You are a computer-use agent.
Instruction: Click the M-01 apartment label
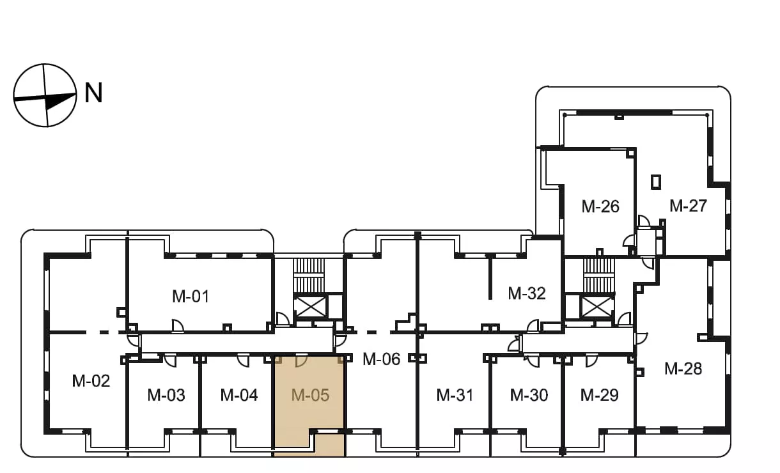[191, 297]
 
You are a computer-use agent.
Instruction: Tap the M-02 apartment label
[91, 381]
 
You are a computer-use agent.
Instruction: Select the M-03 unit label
[166, 395]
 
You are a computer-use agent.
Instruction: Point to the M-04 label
[239, 395]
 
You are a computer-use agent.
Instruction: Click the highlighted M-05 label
[310, 395]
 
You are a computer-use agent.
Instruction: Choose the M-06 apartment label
[381, 359]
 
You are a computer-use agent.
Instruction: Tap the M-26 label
[600, 206]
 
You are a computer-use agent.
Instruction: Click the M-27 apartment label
[688, 206]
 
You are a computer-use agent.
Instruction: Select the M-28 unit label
[683, 369]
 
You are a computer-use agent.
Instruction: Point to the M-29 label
[599, 395]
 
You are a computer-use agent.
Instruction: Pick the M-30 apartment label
[529, 395]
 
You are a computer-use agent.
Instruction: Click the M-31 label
[455, 395]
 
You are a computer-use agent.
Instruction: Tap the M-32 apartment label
[527, 293]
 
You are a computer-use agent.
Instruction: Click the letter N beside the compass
[93, 93]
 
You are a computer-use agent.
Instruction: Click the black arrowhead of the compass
[60, 101]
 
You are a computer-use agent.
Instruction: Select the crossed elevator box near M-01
[310, 307]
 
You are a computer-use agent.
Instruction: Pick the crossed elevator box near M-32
[597, 307]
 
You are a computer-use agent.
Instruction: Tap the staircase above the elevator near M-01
[309, 276]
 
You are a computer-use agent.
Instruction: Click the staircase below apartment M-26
[599, 276]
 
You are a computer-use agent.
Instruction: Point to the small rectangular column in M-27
[656, 182]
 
